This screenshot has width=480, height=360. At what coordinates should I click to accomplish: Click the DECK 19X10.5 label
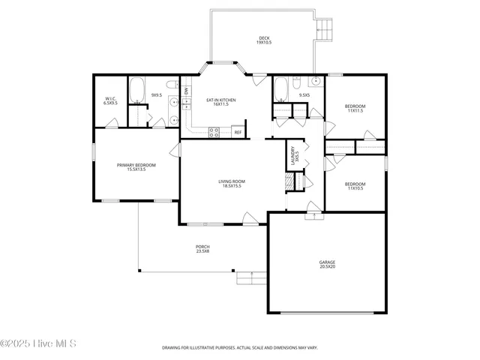click(264, 40)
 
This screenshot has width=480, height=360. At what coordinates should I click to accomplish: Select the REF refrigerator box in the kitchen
click(238, 132)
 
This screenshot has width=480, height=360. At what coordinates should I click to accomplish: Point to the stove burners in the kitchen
click(214, 132)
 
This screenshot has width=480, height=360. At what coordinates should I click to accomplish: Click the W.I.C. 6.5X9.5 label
click(111, 100)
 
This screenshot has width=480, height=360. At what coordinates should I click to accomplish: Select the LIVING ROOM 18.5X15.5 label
click(232, 183)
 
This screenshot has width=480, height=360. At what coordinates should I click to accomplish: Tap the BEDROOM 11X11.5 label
click(355, 108)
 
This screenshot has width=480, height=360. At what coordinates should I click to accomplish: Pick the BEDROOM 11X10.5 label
click(355, 186)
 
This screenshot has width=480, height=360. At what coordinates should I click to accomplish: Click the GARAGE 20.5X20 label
click(328, 265)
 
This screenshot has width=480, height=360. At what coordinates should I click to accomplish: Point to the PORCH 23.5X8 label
click(202, 248)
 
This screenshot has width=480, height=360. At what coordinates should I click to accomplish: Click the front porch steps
click(248, 279)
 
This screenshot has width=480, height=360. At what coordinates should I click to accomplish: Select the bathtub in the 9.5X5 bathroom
click(280, 89)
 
